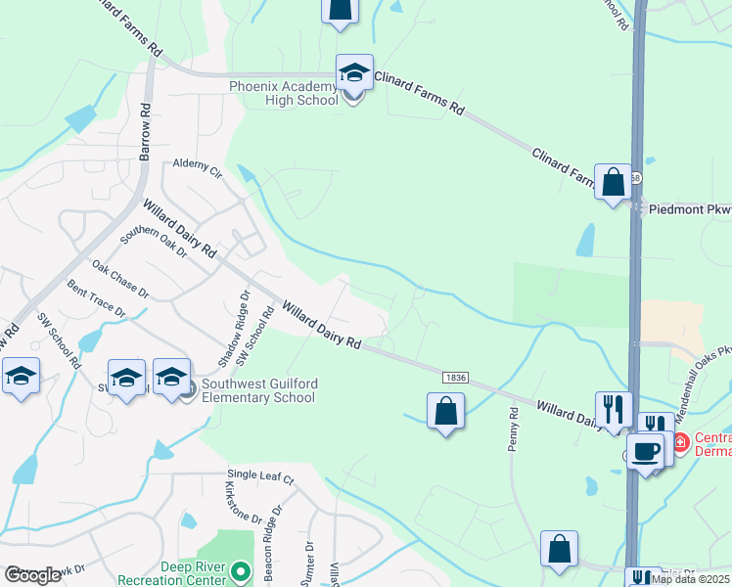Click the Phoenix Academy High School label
(284, 93)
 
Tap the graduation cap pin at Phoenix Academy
(354, 72)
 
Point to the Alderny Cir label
(198, 168)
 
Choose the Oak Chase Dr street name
(120, 280)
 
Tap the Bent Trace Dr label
(96, 298)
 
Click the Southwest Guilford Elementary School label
(258, 390)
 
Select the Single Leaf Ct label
(260, 476)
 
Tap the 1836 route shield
(454, 378)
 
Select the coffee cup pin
(645, 452)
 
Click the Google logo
(33, 575)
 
